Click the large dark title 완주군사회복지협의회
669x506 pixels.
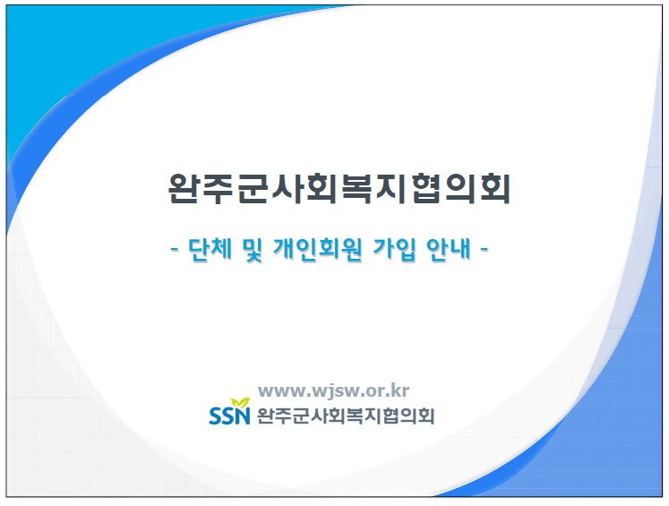tap(339, 189)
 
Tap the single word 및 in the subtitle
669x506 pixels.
tap(252, 249)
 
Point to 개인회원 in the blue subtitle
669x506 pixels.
tap(318, 248)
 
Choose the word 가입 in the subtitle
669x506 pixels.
tap(394, 248)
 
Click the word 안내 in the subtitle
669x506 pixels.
tap(449, 248)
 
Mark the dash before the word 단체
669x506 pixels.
tap(174, 249)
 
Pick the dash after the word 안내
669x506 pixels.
tap(485, 249)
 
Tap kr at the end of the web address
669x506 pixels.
tap(401, 390)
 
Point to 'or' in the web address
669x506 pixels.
tap(377, 391)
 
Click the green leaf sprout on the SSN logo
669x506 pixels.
tap(241, 403)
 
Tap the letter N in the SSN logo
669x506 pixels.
tap(243, 416)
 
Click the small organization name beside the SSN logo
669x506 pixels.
tap(346, 416)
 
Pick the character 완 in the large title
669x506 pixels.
tap(184, 189)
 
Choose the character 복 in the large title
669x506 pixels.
tap(357, 189)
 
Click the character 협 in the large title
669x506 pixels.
tap(426, 189)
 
